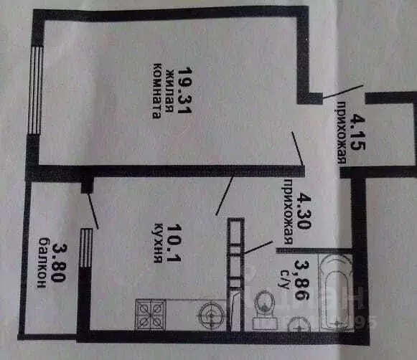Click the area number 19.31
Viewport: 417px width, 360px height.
tap(184, 90)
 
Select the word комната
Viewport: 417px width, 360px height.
tap(157, 90)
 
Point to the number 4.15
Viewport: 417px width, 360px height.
tap(357, 131)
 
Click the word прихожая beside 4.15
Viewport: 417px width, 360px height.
tap(342, 132)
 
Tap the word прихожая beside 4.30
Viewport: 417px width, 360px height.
tap(289, 211)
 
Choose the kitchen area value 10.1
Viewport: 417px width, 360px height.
tap(174, 242)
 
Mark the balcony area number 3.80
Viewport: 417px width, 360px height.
tap(59, 262)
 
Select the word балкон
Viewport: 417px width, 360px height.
tap(42, 262)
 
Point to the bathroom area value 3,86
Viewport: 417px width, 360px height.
tap(301, 280)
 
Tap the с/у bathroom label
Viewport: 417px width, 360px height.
tap(284, 280)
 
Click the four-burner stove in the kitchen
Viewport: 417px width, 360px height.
tap(151, 314)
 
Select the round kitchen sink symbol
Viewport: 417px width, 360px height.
tap(212, 315)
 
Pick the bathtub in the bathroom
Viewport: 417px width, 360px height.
tap(336, 292)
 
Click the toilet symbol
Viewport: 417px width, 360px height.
tap(265, 311)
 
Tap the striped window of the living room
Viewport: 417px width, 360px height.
tap(36, 90)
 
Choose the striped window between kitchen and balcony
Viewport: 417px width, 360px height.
tap(86, 247)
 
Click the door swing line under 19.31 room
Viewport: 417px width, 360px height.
tap(299, 148)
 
